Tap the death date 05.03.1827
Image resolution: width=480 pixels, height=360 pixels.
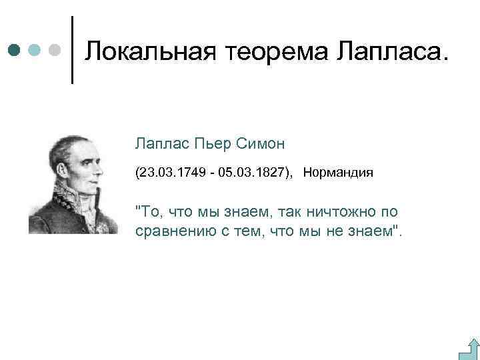point(252,173)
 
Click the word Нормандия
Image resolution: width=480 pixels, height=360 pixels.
point(338,173)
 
